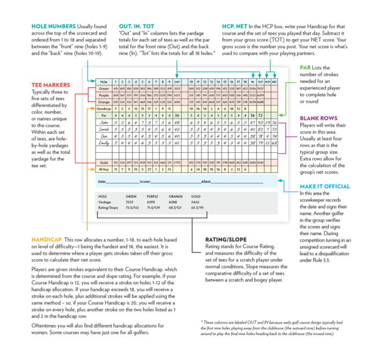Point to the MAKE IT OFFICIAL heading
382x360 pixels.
pos(324,186)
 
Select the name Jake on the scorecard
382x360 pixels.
pos(104,123)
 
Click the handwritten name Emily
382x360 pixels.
pos(104,142)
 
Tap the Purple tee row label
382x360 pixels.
pos(104,94)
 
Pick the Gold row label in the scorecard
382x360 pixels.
pos(104,163)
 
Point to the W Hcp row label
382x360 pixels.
pos(104,169)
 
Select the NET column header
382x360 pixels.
pos(274,82)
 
